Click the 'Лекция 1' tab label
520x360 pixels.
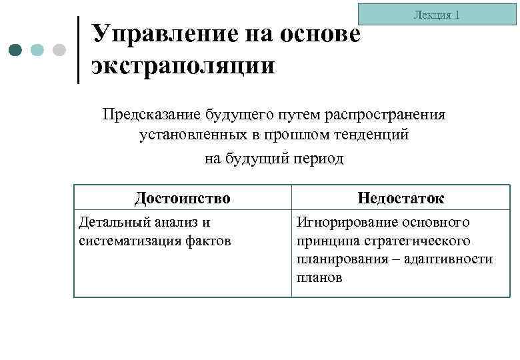click(x=437, y=14)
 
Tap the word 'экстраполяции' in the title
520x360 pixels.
click(x=184, y=67)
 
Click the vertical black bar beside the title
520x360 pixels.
click(x=79, y=50)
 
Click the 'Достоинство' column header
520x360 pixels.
click(x=182, y=198)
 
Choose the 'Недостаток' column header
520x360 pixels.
click(x=401, y=198)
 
